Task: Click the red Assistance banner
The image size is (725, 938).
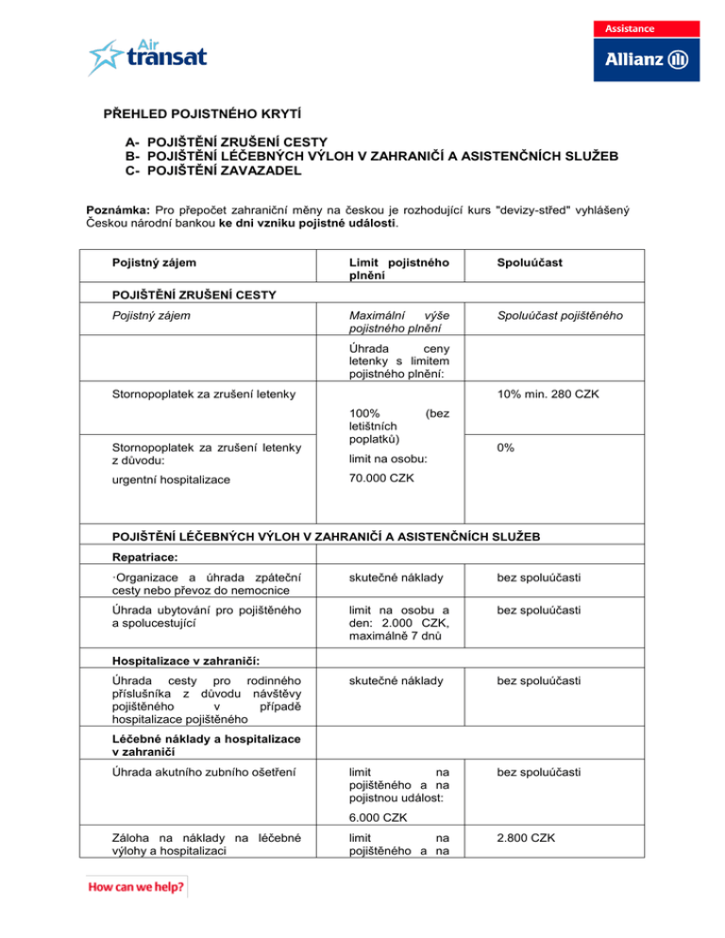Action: [639, 27]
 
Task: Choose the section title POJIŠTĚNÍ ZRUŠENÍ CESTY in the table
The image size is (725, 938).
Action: [194, 294]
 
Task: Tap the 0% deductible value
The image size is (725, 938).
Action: [505, 449]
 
